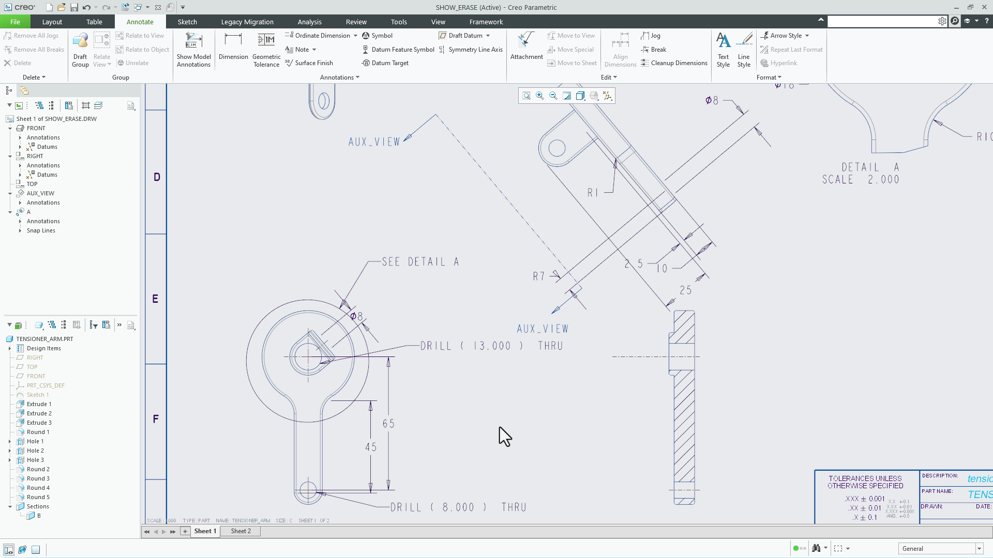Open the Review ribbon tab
356,22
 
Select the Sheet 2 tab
241,531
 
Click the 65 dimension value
388,424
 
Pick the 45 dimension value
371,447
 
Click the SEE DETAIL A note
420,262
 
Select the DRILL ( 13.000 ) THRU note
491,346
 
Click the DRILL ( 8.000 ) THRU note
458,507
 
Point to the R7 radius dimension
539,276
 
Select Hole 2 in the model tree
35,451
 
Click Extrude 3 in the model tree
39,423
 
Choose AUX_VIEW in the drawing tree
40,193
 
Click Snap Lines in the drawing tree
41,230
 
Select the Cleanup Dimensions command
679,63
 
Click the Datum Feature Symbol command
402,50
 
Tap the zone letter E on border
155,299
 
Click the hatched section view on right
684,413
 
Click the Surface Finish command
313,63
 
